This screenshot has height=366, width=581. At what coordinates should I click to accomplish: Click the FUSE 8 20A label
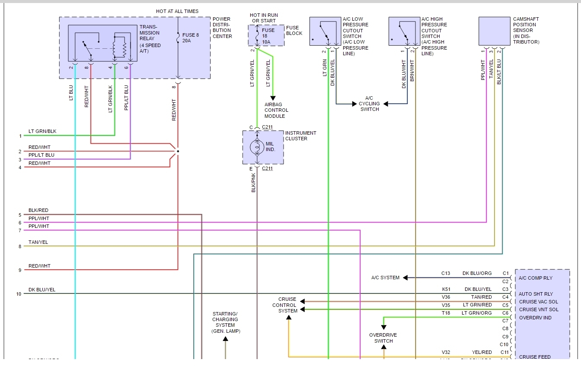click(190, 38)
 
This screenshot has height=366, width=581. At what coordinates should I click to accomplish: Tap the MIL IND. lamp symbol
click(257, 147)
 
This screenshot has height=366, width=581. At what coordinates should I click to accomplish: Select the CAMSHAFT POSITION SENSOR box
click(494, 31)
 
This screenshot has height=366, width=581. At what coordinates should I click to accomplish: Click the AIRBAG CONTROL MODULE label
click(276, 110)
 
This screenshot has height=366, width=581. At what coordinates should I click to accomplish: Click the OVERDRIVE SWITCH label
click(383, 338)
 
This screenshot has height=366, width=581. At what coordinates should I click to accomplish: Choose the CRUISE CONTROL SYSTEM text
click(284, 305)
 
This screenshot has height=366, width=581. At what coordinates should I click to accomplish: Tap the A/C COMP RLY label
click(536, 278)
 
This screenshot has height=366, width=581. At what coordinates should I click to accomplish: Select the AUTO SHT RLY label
click(536, 294)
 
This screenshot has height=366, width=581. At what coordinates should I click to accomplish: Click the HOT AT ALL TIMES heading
click(177, 11)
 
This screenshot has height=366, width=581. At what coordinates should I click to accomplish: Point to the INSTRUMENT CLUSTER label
click(300, 136)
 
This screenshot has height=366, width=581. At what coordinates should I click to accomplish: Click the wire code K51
click(446, 289)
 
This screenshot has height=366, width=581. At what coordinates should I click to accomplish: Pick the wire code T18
click(446, 313)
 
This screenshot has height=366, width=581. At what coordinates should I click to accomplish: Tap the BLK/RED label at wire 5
click(38, 211)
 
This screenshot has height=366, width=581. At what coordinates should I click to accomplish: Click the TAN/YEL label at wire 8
click(38, 242)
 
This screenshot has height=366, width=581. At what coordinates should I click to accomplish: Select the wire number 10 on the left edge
click(19, 294)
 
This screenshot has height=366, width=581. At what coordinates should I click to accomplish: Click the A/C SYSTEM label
click(385, 278)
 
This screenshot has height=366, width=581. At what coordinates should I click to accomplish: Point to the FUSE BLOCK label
click(294, 30)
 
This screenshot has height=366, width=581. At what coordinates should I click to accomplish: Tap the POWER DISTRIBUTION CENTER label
click(222, 28)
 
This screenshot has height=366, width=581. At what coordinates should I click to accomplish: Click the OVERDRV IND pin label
click(535, 318)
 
